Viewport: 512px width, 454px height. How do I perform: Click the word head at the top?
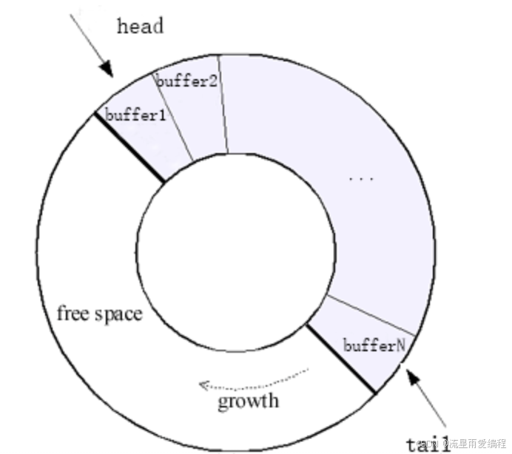click(140, 26)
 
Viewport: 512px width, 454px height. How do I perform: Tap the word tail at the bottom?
click(428, 442)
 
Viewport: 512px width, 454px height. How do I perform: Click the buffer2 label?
click(186, 81)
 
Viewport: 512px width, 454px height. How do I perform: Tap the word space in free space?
click(118, 315)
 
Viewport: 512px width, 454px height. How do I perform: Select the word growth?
click(248, 402)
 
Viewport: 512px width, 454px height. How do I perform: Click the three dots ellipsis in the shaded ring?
click(360, 178)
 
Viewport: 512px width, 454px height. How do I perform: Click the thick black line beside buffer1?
click(129, 147)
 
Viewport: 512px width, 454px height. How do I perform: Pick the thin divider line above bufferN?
click(369, 315)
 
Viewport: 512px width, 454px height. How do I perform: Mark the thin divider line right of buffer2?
click(223, 104)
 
